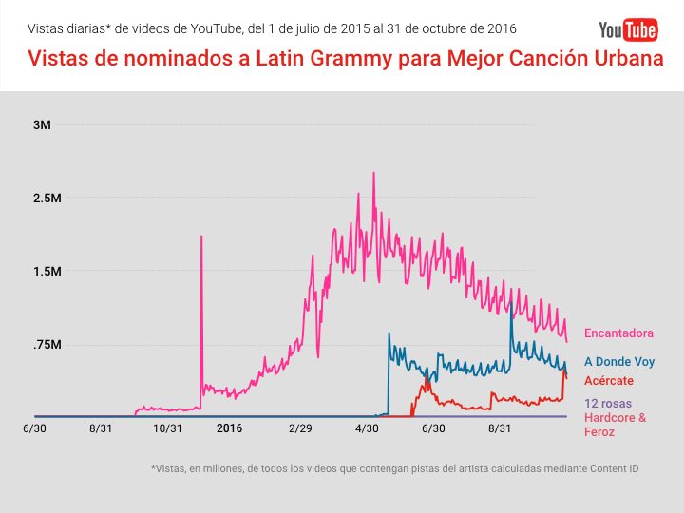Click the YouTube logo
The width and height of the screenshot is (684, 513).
click(628, 30)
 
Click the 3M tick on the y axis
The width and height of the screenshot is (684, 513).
click(47, 125)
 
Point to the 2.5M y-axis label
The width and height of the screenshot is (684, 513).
click(47, 199)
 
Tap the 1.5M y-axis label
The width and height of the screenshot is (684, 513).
click(47, 272)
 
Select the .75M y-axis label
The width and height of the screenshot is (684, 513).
click(47, 345)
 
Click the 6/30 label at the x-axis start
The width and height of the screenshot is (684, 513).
click(34, 428)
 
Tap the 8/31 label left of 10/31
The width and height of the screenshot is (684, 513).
click(101, 428)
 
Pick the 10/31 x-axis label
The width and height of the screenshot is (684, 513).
click(167, 428)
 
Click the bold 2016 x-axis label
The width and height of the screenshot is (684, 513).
click(229, 428)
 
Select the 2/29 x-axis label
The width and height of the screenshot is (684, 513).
click(300, 428)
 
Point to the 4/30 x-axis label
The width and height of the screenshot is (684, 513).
click(367, 428)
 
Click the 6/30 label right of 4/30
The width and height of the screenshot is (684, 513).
click(433, 428)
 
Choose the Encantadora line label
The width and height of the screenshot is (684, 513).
click(618, 333)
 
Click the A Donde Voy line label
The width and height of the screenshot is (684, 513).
click(618, 362)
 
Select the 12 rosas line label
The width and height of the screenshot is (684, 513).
click(608, 404)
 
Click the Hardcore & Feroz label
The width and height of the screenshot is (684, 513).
click(615, 425)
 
